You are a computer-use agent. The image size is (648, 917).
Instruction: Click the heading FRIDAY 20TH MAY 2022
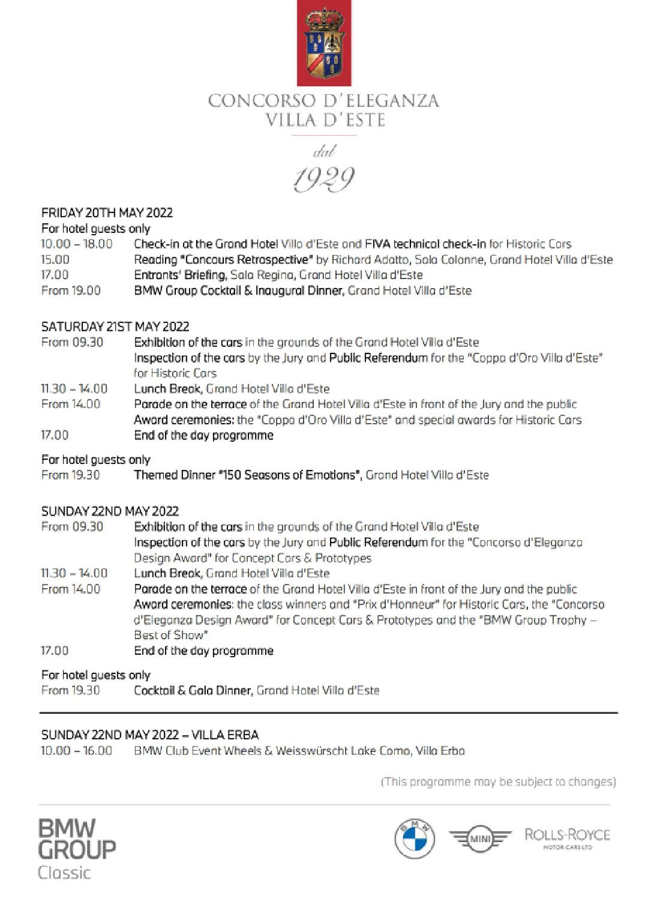107,212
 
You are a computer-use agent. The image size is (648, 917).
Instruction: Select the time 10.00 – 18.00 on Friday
76,244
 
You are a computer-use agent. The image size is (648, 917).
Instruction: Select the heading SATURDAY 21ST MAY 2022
115,326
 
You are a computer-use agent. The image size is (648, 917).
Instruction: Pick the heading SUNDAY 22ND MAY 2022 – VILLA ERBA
150,735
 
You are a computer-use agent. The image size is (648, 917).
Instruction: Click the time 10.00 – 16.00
76,750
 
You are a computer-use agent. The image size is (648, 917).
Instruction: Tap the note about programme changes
498,781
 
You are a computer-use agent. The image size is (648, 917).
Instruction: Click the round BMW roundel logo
414,838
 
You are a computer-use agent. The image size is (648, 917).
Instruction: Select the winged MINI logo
480,838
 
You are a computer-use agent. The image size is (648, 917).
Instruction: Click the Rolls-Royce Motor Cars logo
567,838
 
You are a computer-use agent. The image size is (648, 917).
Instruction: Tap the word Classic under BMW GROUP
64,872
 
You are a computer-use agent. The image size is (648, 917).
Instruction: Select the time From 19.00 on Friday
71,290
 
